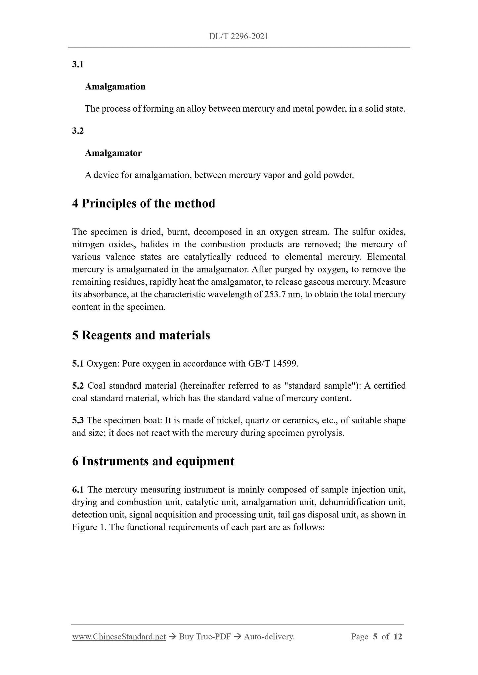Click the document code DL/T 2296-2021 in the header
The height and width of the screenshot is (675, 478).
click(239, 36)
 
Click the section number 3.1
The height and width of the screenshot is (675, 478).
click(78, 64)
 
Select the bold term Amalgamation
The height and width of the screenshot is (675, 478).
click(115, 87)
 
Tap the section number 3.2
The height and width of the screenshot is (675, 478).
click(78, 131)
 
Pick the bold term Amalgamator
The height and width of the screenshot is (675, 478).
click(113, 153)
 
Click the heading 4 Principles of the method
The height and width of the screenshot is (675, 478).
click(144, 203)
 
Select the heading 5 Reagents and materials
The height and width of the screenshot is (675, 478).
click(141, 335)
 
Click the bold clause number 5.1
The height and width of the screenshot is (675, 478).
click(78, 364)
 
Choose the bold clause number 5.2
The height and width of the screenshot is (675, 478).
click(78, 386)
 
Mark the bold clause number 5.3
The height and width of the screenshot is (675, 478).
click(78, 420)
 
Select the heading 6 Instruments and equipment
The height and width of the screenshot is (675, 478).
click(153, 461)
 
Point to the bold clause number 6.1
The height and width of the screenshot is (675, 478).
click(78, 490)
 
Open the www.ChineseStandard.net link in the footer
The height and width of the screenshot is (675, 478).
click(119, 637)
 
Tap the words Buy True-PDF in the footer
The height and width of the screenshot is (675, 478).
click(204, 637)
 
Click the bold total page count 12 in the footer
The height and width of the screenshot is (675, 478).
click(398, 637)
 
